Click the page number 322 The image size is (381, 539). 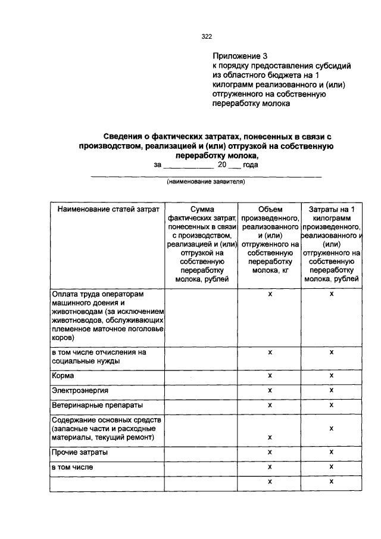click(x=207, y=36)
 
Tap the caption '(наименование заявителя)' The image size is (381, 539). click(x=205, y=182)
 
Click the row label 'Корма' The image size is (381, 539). click(x=63, y=376)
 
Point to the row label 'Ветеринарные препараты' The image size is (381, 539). click(x=97, y=405)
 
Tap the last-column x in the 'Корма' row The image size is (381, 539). click(x=331, y=376)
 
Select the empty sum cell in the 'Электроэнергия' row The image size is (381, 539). click(x=202, y=390)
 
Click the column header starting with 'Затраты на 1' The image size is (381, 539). click(x=332, y=244)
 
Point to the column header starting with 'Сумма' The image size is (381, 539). click(x=202, y=244)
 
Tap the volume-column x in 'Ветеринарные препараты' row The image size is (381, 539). click(x=270, y=405)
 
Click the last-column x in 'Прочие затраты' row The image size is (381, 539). click(x=331, y=453)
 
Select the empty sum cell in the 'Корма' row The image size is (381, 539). click(x=202, y=376)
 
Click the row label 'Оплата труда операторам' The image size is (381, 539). click(x=98, y=294)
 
